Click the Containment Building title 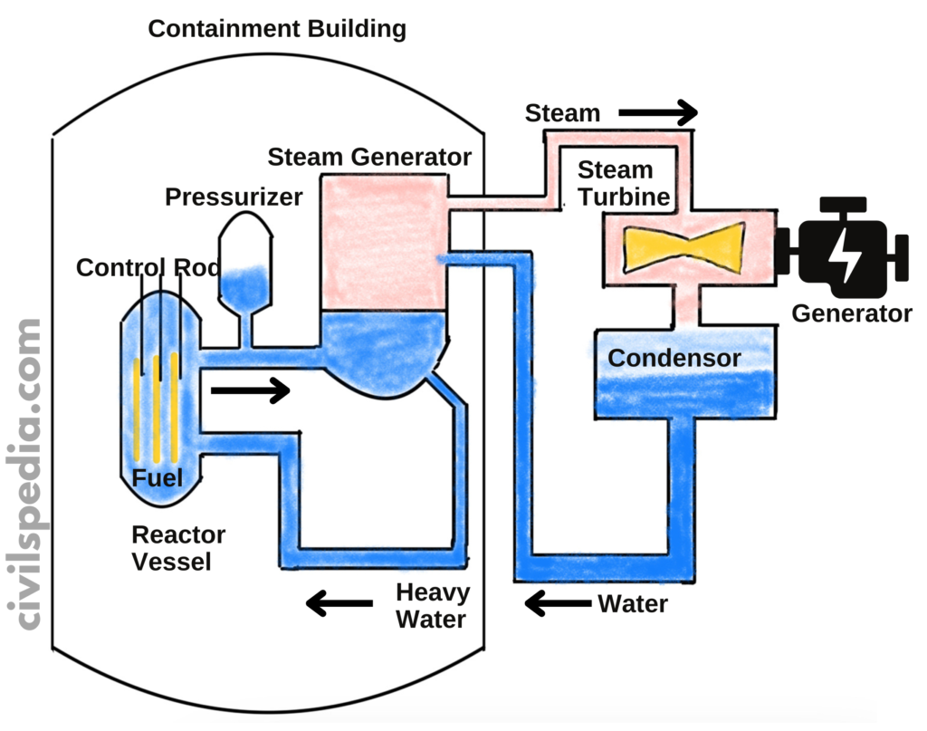click(x=277, y=29)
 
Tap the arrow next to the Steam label click(x=658, y=114)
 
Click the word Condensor click(x=674, y=358)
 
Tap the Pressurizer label click(x=234, y=197)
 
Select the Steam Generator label click(x=369, y=158)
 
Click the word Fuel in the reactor click(x=158, y=478)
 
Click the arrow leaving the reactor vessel click(x=249, y=391)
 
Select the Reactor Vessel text click(x=178, y=548)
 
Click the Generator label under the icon click(x=852, y=313)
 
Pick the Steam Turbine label click(x=623, y=183)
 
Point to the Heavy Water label click(x=433, y=606)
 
